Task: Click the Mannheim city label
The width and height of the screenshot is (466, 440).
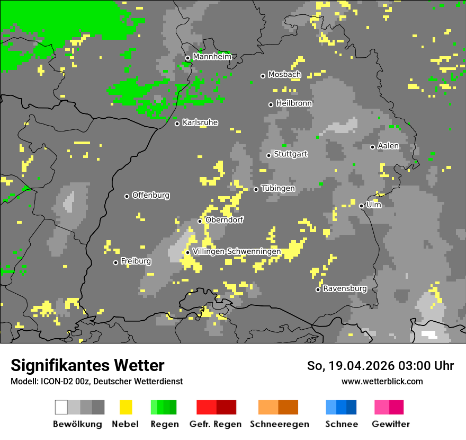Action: point(212,57)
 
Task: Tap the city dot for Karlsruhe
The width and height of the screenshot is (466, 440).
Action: point(177,124)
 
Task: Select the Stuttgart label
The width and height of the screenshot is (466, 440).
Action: point(290,154)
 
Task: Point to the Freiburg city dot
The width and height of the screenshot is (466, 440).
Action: point(115,262)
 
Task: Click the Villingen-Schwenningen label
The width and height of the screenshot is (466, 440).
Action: point(237,252)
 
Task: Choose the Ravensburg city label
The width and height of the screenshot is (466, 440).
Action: point(345,289)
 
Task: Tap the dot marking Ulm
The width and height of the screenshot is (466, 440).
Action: point(361,206)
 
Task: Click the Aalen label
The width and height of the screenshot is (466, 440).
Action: point(388,146)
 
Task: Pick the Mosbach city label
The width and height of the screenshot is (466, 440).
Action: point(284,75)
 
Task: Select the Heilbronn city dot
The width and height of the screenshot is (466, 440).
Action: point(271,104)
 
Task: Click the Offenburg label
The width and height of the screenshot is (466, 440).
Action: point(151,195)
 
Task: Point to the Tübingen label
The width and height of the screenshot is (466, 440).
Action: point(278,189)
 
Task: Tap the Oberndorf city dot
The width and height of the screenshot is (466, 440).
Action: point(200,221)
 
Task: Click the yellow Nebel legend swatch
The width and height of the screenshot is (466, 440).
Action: point(126,407)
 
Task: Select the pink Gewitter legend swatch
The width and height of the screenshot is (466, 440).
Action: point(382,407)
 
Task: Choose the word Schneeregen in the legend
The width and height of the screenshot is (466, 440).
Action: point(280,424)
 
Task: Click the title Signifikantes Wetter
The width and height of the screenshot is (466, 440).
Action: point(87,365)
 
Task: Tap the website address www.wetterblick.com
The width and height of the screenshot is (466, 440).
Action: point(382,381)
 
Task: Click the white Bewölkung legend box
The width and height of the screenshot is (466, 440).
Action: point(61,407)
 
